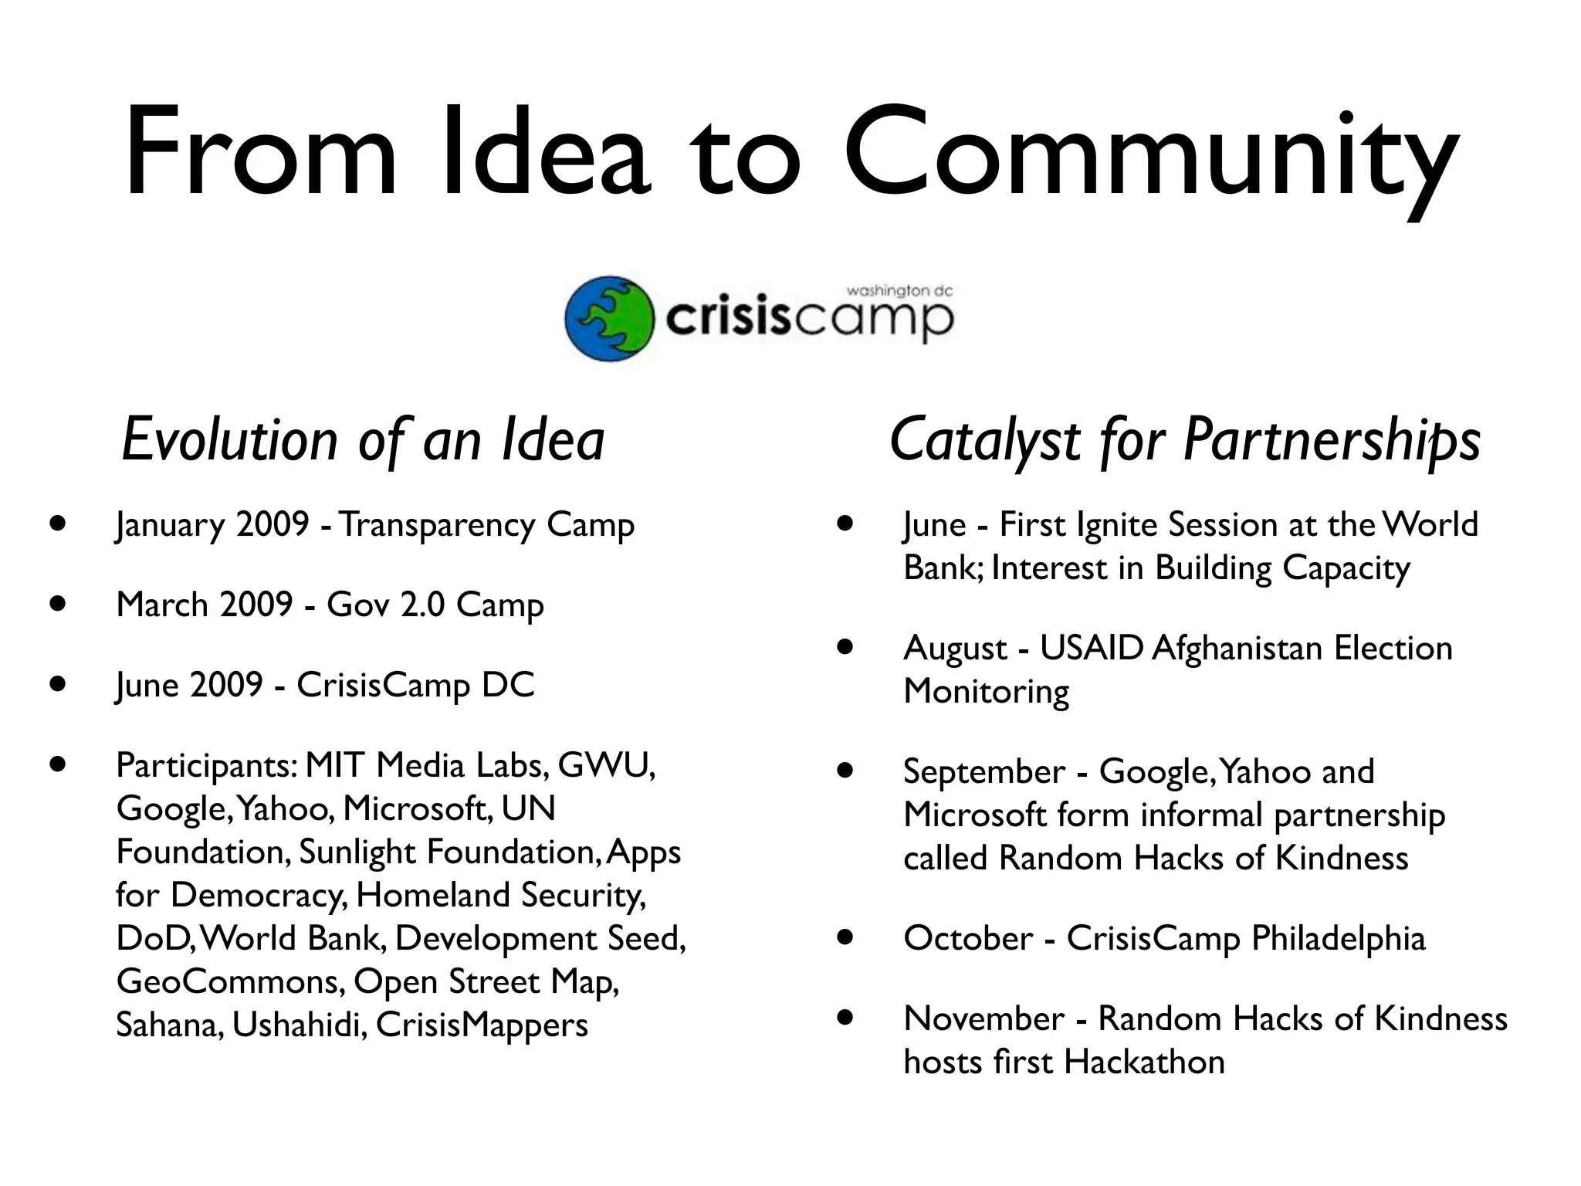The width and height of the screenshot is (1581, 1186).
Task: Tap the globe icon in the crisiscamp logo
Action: click(x=609, y=318)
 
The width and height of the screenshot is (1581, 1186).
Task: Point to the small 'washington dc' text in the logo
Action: click(x=899, y=291)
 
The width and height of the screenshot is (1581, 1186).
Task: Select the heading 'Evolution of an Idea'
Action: click(x=363, y=440)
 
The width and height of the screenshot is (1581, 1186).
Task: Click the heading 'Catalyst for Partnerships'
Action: click(x=1184, y=440)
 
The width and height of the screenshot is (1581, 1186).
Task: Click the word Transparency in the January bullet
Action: click(x=437, y=525)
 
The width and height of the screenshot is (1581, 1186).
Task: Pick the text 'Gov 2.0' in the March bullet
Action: click(x=385, y=605)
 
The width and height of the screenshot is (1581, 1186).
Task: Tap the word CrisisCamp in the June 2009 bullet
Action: click(x=383, y=685)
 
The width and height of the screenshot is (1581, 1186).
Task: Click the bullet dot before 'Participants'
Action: click(x=56, y=764)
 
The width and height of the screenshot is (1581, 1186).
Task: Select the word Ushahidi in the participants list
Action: click(x=298, y=1025)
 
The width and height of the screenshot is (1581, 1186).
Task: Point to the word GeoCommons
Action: click(x=229, y=981)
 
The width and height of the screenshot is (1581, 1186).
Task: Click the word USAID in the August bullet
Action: click(x=1091, y=648)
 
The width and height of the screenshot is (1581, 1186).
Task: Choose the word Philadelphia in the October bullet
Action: click(x=1338, y=938)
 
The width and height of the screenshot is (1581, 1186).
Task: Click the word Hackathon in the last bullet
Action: click(x=1144, y=1062)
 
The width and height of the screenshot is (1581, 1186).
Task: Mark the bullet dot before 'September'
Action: click(x=845, y=771)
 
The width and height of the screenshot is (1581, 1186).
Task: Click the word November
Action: click(x=983, y=1018)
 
